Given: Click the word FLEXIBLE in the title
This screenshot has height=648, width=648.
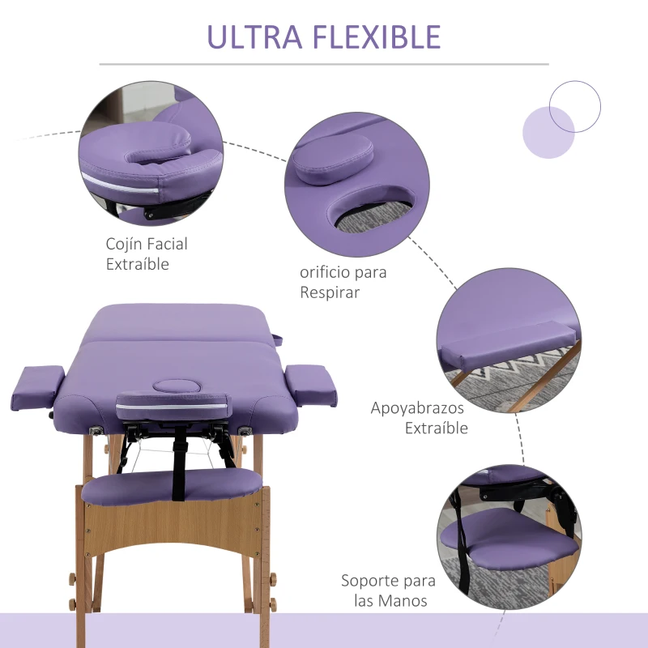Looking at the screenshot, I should pyautogui.click(x=377, y=37).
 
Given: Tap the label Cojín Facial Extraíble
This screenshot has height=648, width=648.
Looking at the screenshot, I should pyautogui.click(x=147, y=254).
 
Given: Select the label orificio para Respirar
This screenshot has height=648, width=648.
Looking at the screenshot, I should pyautogui.click(x=343, y=282).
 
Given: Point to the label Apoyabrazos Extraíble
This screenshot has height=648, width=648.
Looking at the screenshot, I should pyautogui.click(x=419, y=418).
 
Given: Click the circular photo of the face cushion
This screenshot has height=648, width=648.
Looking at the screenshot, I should pyautogui.click(x=151, y=155).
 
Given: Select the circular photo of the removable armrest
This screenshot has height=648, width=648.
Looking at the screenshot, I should pyautogui.click(x=509, y=340).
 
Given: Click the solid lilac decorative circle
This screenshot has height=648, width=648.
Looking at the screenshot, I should pyautogui.click(x=548, y=132).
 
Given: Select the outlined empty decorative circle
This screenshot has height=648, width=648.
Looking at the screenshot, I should pyautogui.click(x=575, y=106).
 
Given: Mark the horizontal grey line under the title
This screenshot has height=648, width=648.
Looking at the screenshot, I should pyautogui.click(x=324, y=64).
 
